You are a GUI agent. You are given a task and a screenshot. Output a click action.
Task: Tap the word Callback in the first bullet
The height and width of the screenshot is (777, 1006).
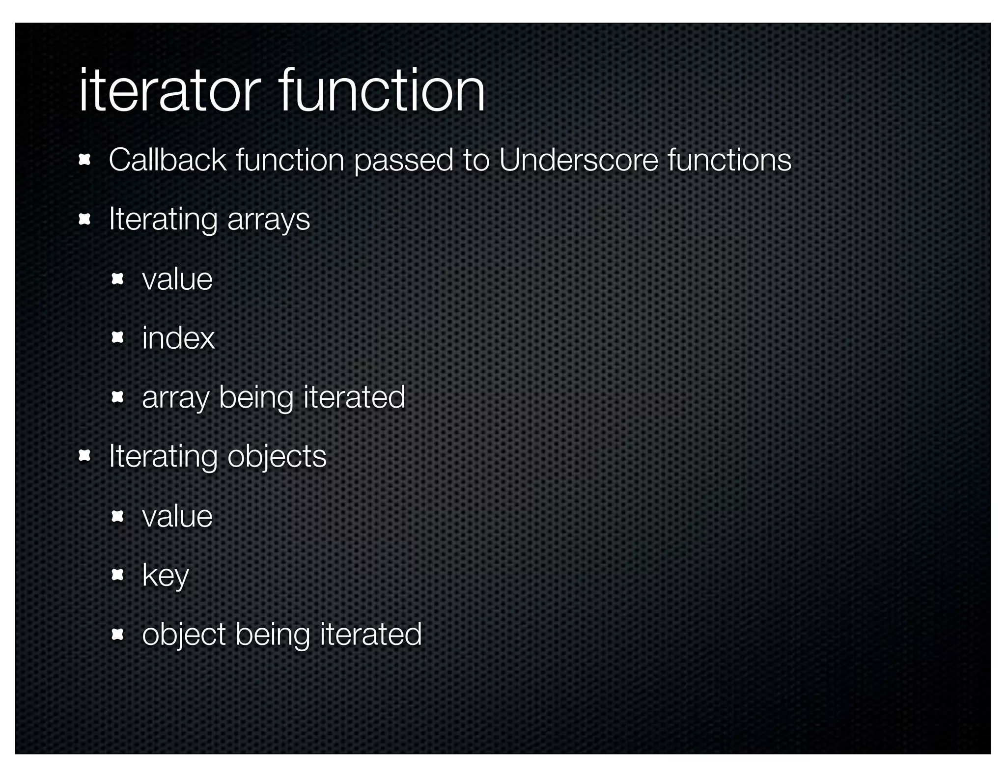tap(167, 160)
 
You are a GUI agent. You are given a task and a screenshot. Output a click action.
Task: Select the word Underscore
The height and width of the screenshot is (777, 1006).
tap(578, 160)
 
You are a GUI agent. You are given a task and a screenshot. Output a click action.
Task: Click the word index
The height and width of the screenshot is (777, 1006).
tap(178, 338)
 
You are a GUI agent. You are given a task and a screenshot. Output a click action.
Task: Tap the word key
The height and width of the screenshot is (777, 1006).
tap(165, 576)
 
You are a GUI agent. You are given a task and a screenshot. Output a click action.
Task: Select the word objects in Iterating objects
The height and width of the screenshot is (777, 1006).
tap(277, 457)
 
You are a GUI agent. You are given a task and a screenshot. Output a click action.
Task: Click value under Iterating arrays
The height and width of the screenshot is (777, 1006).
tap(177, 279)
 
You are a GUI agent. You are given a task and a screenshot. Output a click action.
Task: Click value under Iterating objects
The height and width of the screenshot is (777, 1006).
tap(177, 517)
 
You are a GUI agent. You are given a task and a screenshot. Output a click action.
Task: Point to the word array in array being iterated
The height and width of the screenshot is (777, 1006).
tap(175, 398)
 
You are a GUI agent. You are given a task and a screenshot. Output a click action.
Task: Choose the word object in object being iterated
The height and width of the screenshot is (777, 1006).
tap(184, 635)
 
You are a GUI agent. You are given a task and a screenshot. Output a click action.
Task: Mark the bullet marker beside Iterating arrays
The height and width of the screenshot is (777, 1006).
tap(84, 220)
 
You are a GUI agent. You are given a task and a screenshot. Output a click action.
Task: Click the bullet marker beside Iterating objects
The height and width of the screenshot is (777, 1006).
tap(84, 456)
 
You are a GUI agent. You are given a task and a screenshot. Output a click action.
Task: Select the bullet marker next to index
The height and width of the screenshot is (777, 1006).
tap(117, 338)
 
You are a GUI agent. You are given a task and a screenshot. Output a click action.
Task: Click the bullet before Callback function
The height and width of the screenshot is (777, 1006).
tap(84, 160)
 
